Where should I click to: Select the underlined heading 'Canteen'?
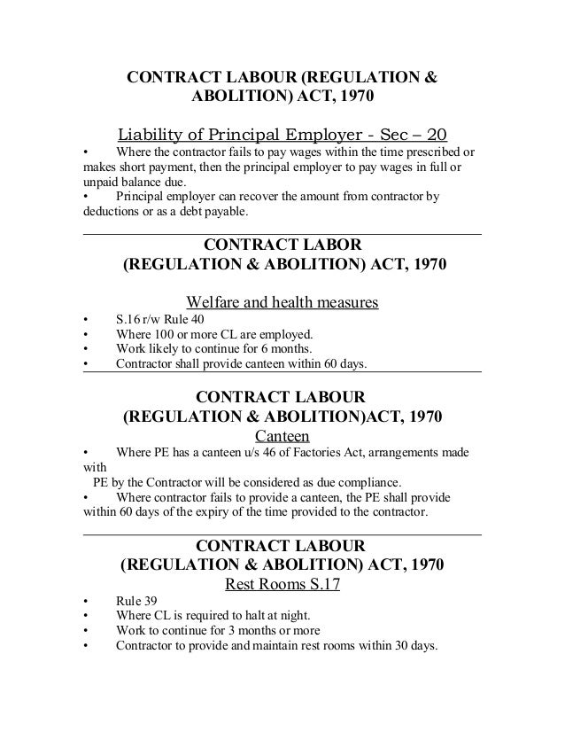pyautogui.click(x=282, y=436)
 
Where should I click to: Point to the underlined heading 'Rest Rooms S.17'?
pyautogui.click(x=282, y=585)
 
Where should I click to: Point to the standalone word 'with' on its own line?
pyautogui.click(x=94, y=470)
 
